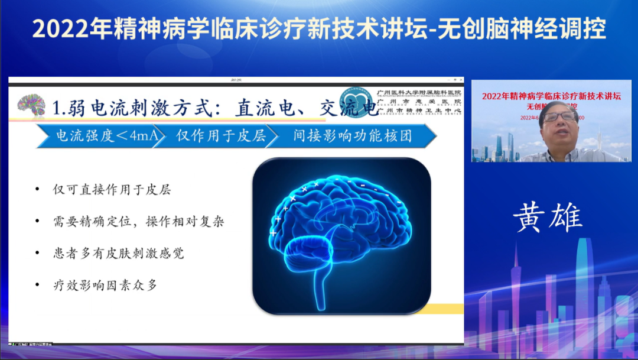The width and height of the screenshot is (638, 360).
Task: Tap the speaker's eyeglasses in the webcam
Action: [x=558, y=116]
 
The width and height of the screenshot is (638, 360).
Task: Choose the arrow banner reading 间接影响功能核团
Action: [x=353, y=137]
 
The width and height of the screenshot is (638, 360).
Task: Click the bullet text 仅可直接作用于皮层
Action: [x=112, y=190]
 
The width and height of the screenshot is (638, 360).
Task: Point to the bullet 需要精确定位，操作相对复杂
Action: [x=138, y=222]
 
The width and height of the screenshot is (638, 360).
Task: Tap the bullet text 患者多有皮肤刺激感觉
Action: [x=118, y=254]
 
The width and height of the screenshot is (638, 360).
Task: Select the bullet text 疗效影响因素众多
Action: [x=105, y=286]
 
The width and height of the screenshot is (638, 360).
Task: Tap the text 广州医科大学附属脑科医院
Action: [x=419, y=92]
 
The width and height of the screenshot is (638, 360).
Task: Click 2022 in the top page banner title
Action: [x=57, y=29]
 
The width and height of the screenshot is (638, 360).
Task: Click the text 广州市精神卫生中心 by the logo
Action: [x=419, y=110]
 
